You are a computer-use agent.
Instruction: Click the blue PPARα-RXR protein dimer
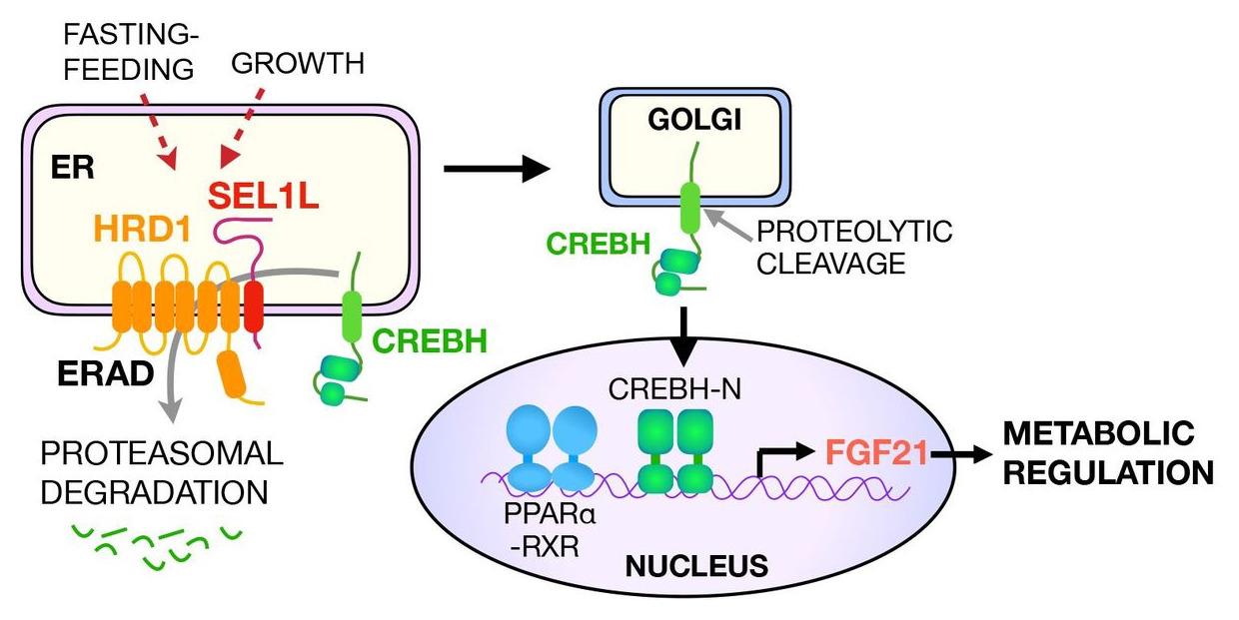click(553, 448)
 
